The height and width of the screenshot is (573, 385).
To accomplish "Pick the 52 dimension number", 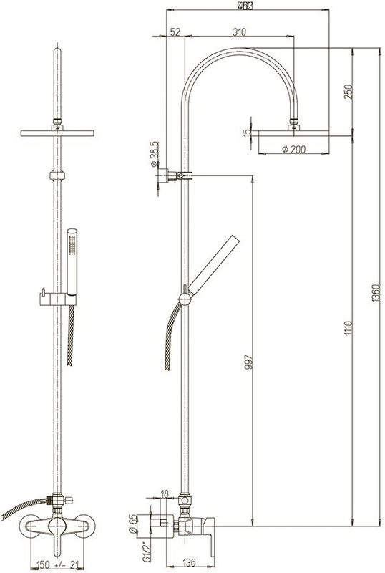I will coord(176,32).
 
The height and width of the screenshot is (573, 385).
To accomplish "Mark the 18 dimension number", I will coord(165,493).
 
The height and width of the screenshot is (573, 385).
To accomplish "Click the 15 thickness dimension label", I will coord(247,133).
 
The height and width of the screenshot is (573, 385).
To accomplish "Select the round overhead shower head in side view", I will coord(293,131).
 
